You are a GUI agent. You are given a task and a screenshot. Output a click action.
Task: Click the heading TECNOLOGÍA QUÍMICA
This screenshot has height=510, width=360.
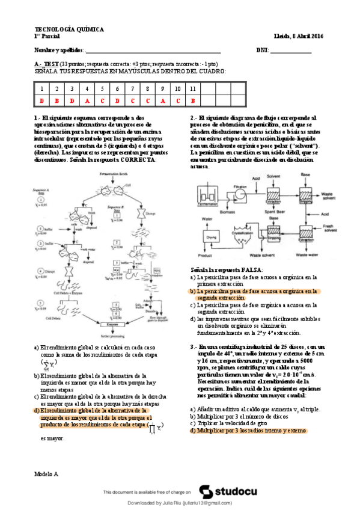click(x=69, y=29)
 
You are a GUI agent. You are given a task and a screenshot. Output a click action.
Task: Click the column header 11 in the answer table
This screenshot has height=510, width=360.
click(x=192, y=89)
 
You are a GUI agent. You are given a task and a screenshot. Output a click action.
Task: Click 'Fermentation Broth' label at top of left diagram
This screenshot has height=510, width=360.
click(x=116, y=173)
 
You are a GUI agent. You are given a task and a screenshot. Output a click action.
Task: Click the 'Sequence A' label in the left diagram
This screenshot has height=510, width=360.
click(x=44, y=188)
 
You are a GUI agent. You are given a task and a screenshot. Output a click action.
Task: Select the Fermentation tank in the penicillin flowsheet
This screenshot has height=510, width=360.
click(x=208, y=194)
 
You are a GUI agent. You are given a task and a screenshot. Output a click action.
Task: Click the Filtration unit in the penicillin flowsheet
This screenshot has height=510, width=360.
click(x=240, y=194)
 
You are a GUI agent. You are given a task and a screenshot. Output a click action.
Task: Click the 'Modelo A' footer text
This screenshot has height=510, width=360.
click(x=47, y=474)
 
